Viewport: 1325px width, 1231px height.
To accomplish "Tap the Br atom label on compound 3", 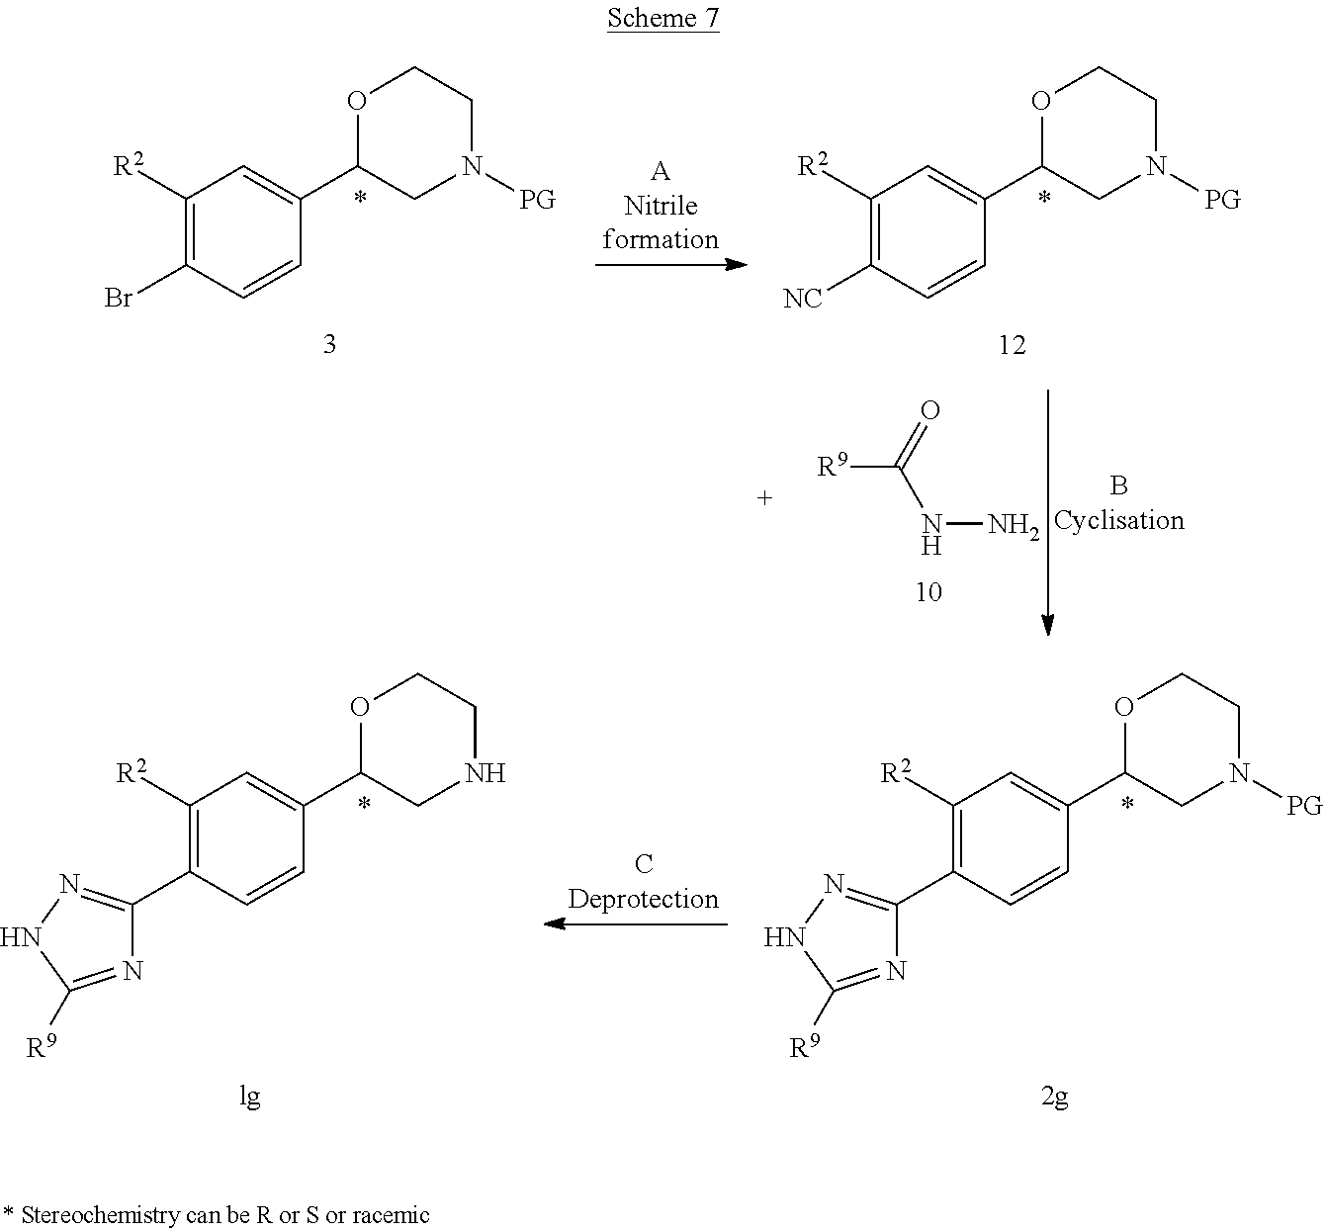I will coord(119,298).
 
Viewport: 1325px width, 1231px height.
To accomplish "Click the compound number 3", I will coord(329,344).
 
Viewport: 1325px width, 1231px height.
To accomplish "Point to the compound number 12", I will coord(1012,344).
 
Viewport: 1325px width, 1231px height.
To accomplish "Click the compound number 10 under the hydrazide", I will coord(928,591).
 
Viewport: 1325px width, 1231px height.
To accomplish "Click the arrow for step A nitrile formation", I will coord(670,264).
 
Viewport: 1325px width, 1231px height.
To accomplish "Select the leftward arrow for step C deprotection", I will coord(636,924).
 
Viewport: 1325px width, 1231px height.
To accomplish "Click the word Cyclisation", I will coord(1118,520).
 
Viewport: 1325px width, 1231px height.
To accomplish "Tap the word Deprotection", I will coord(643,899).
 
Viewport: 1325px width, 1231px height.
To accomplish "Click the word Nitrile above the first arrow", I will coord(661,206).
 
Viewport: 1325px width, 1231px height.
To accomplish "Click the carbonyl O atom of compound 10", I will coord(929,410).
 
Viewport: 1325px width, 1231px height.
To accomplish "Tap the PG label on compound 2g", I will coord(1303,806).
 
